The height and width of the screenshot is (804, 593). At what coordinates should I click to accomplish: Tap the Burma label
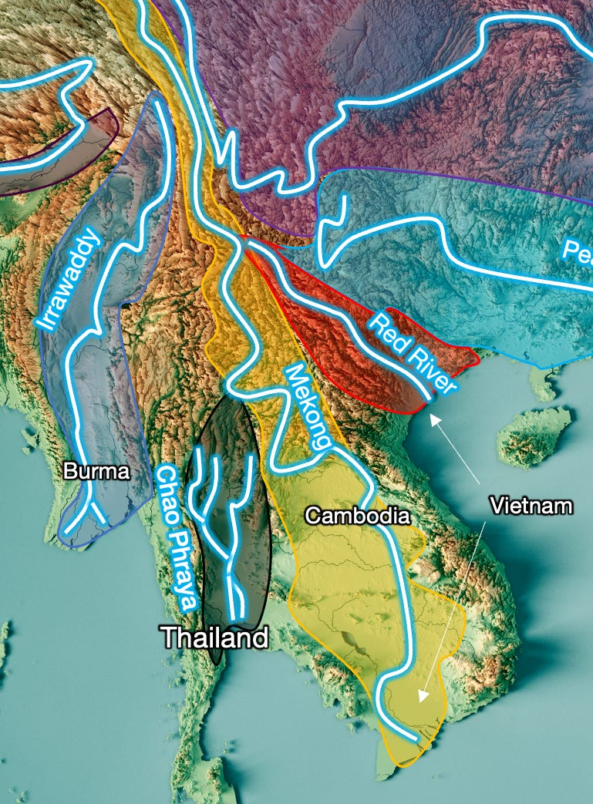(96, 471)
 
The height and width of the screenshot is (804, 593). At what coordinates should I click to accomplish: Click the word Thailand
(214, 637)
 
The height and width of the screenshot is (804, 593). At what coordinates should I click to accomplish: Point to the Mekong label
(308, 407)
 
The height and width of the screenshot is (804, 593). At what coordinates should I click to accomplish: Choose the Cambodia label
(357, 516)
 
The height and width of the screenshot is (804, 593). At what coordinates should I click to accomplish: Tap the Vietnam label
(531, 506)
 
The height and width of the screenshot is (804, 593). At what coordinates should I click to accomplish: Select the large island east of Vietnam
(536, 436)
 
